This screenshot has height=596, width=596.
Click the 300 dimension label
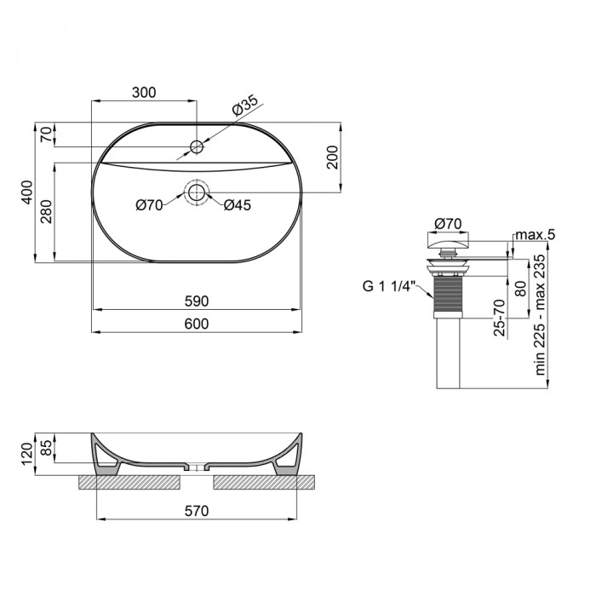(x=143, y=93)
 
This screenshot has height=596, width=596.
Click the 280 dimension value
(x=48, y=211)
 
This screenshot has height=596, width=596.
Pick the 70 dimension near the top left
(x=48, y=135)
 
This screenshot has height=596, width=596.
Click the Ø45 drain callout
(x=237, y=204)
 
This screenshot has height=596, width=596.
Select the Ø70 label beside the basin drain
(x=149, y=204)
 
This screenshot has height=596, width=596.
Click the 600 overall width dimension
(x=197, y=324)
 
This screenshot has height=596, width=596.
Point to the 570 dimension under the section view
(x=197, y=511)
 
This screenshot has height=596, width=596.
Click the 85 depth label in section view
(x=48, y=446)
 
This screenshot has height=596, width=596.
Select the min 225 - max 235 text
(x=539, y=314)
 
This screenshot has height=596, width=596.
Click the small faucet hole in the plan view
(x=197, y=147)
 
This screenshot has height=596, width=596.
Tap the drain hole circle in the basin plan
(x=197, y=192)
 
